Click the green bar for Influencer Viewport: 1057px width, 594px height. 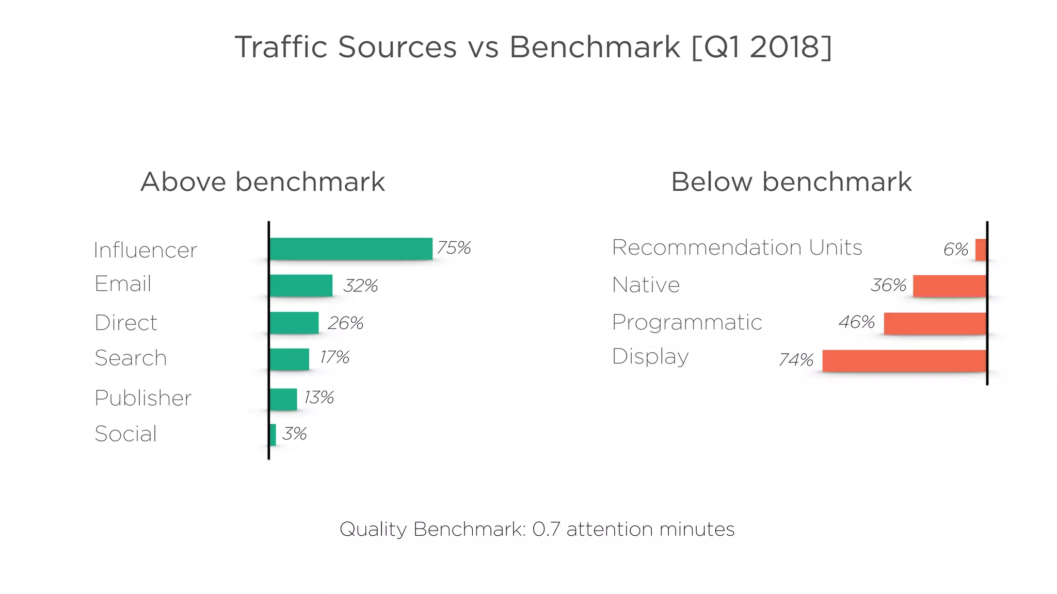350,249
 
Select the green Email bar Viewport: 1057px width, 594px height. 301,286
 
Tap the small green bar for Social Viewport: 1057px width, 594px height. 273,435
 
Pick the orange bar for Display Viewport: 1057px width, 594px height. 904,360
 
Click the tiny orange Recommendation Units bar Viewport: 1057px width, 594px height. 981,250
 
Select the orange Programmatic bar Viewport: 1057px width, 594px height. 935,323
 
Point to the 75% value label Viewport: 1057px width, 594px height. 454,248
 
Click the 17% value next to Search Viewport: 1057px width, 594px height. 334,357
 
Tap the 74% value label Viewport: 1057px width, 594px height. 796,359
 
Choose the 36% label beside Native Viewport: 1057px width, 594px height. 888,285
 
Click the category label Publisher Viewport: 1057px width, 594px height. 143,398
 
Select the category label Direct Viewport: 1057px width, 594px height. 126,323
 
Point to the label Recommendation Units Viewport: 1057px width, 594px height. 736,247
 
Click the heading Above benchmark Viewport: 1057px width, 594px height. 263,182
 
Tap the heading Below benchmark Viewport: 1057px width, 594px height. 791,182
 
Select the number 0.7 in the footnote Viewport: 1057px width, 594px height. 546,529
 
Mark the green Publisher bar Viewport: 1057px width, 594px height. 283,400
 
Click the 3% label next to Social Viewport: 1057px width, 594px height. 294,434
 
